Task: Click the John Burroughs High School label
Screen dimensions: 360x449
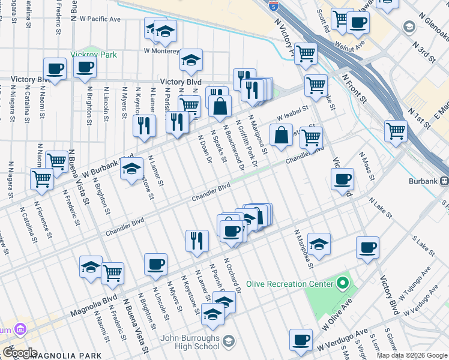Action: tap(190, 342)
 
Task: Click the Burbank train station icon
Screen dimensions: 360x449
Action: tap(444, 180)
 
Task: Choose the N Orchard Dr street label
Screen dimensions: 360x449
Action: tap(232, 275)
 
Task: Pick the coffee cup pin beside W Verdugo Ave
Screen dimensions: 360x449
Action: tap(301, 339)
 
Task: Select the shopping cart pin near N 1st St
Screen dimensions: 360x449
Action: tap(396, 130)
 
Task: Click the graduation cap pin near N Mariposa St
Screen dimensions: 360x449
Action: tap(319, 244)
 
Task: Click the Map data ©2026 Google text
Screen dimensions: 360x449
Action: tap(411, 355)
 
